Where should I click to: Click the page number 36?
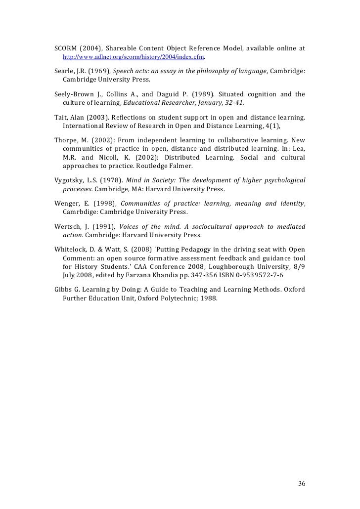pyautogui.click(x=302, y=483)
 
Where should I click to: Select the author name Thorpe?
pyautogui.click(x=66, y=140)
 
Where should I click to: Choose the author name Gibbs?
pyautogui.click(x=64, y=289)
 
